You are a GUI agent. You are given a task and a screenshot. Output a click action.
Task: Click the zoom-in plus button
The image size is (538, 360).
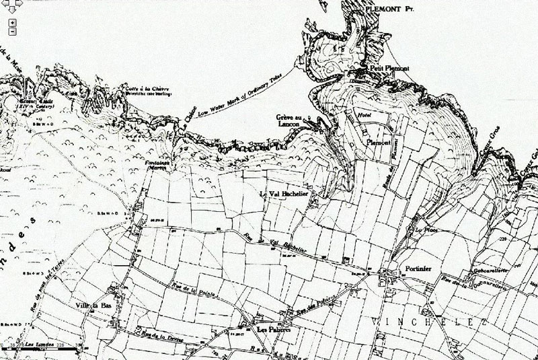click(13, 22)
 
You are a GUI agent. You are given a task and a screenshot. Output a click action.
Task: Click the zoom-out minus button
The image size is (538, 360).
click(13, 31)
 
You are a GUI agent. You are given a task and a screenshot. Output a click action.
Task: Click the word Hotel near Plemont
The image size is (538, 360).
click(366, 116)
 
